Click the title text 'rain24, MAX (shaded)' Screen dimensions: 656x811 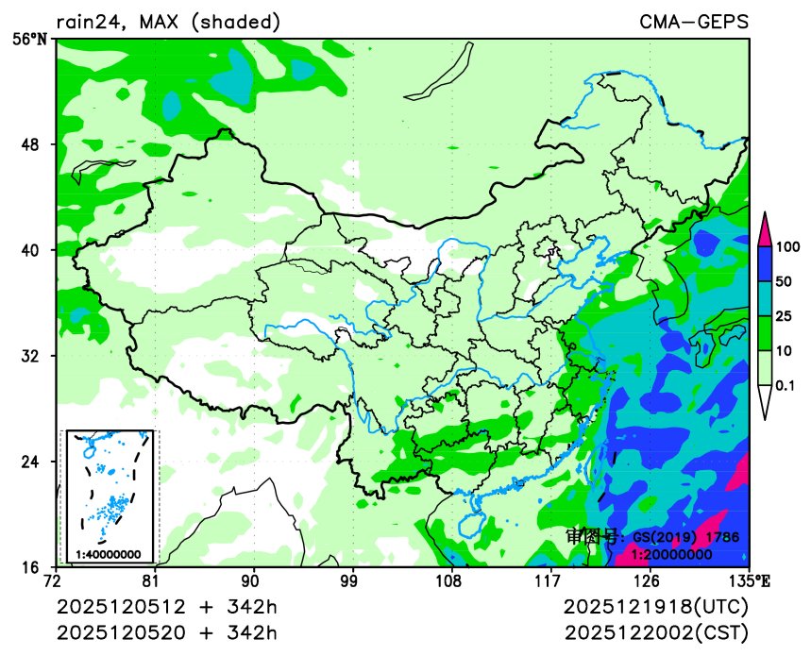tap(167, 22)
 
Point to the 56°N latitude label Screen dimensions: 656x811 tap(34, 39)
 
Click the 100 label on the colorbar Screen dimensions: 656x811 tap(788, 246)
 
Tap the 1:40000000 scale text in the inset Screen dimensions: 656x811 tap(109, 554)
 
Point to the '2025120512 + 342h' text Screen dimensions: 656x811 tap(167, 605)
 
